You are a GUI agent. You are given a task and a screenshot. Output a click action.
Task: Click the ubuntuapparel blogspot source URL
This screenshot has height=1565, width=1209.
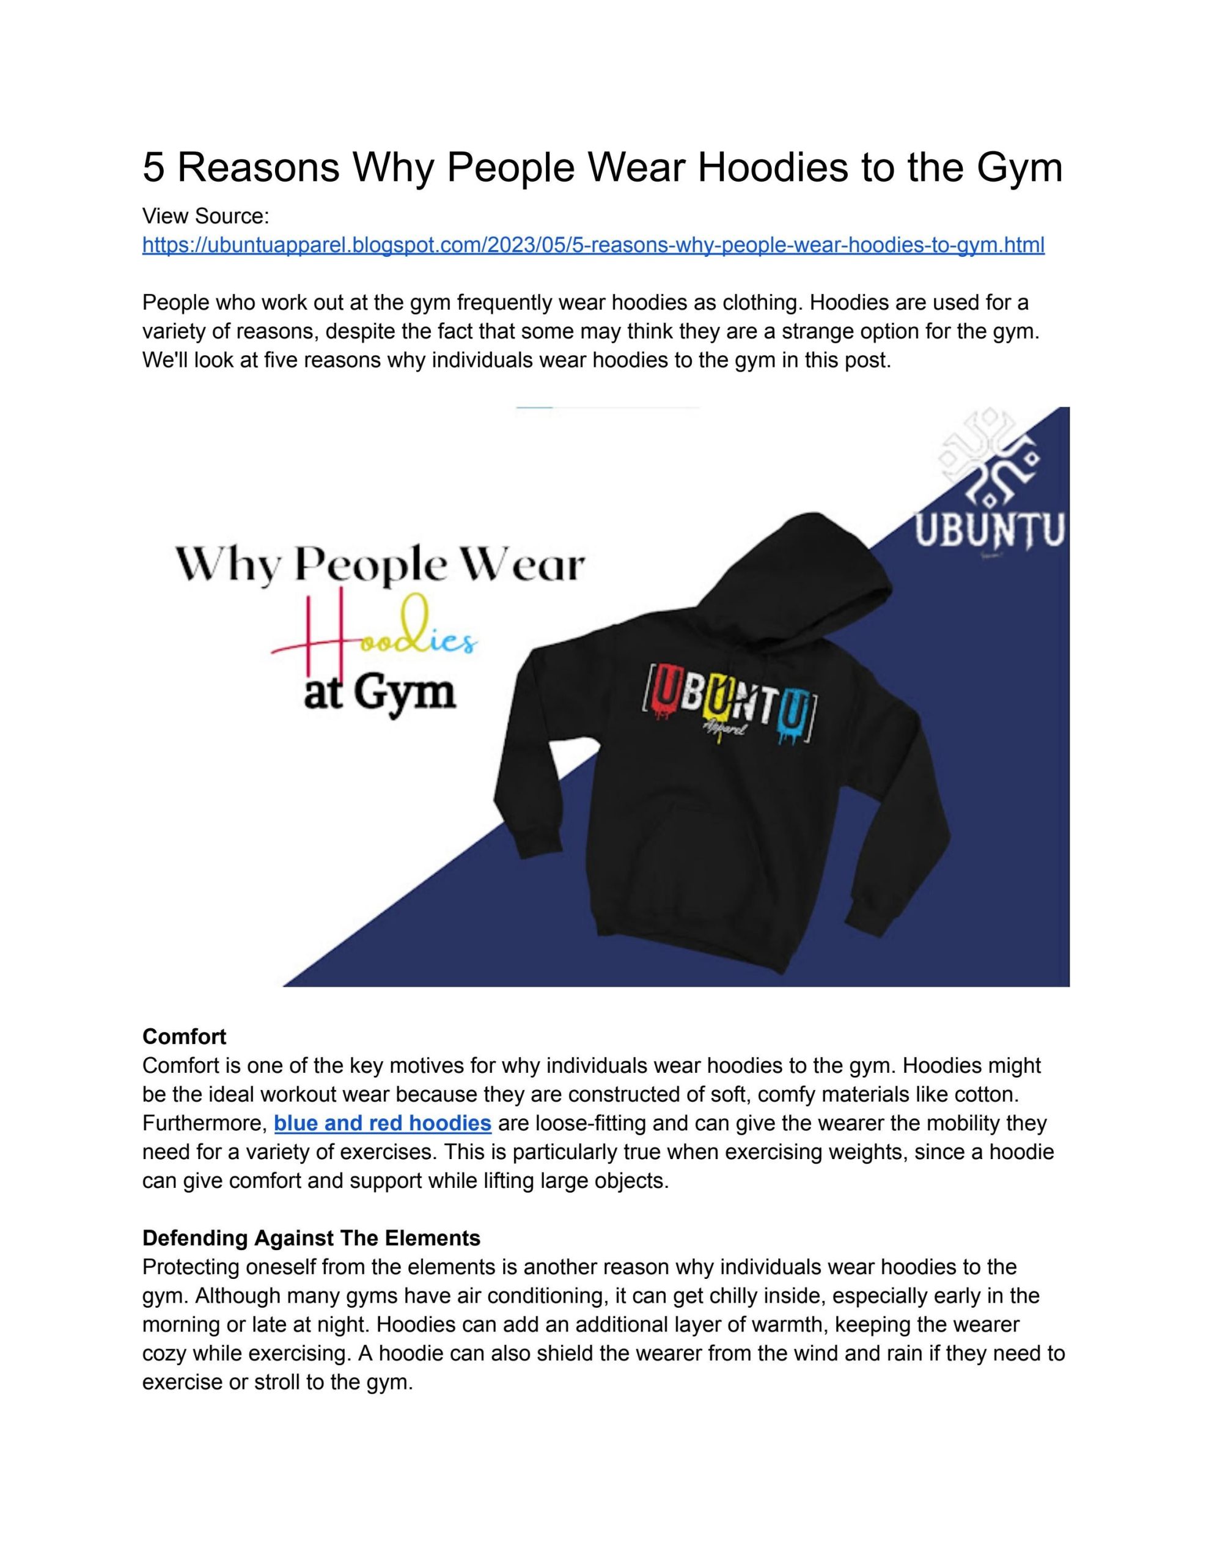point(593,245)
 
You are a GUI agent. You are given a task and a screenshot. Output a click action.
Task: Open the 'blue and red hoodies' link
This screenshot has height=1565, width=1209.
point(382,1123)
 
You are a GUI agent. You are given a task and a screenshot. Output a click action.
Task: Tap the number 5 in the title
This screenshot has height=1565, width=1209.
point(153,167)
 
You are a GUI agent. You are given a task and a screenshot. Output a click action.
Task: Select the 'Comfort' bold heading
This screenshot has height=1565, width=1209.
point(184,1036)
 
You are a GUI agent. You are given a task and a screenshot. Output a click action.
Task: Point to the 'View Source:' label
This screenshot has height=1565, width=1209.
point(205,216)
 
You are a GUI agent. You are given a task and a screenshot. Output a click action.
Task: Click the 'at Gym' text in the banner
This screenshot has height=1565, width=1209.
point(380,692)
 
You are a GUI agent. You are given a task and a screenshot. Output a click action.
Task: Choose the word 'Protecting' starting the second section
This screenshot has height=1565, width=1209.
point(191,1266)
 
